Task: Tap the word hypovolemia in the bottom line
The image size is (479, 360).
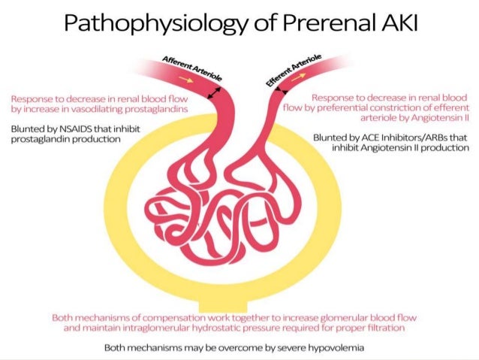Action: (336, 348)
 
